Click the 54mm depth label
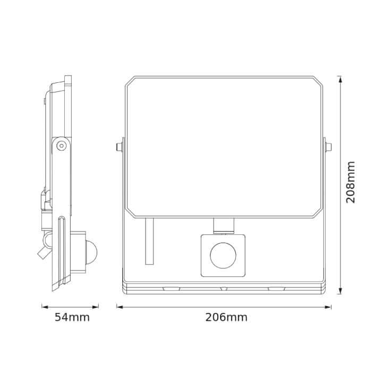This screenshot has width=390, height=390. (x=72, y=318)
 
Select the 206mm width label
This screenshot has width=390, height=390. (x=226, y=318)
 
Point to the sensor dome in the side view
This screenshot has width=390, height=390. (x=90, y=249)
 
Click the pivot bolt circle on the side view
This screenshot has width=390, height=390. (x=62, y=145)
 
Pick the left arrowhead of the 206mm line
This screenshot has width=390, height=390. (x=120, y=307)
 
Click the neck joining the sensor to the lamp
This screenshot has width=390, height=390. (x=223, y=225)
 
